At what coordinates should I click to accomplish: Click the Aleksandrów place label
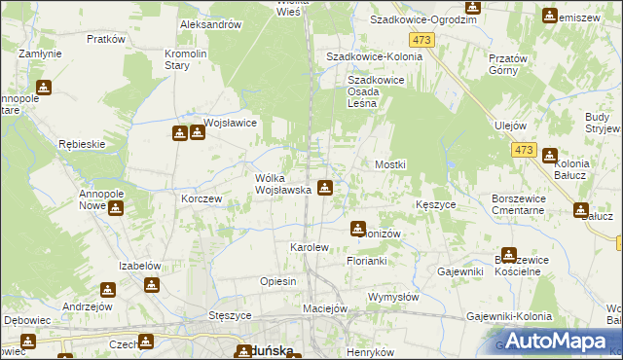coord(210,24)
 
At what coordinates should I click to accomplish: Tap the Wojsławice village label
coord(230,124)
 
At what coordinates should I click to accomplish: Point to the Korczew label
coord(202,198)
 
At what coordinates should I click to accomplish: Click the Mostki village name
coord(389,165)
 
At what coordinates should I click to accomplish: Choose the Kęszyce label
coord(435,205)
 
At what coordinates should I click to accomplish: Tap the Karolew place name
coord(310,248)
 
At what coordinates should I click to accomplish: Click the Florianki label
coord(368,262)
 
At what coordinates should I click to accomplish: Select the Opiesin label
coord(277,281)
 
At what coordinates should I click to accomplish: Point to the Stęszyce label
coord(231,316)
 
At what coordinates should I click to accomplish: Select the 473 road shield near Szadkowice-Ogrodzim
coord(421,39)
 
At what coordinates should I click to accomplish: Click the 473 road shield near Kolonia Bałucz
coord(524,149)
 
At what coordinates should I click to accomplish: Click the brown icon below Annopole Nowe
coord(117,207)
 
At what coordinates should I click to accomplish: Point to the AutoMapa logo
coord(553,341)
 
